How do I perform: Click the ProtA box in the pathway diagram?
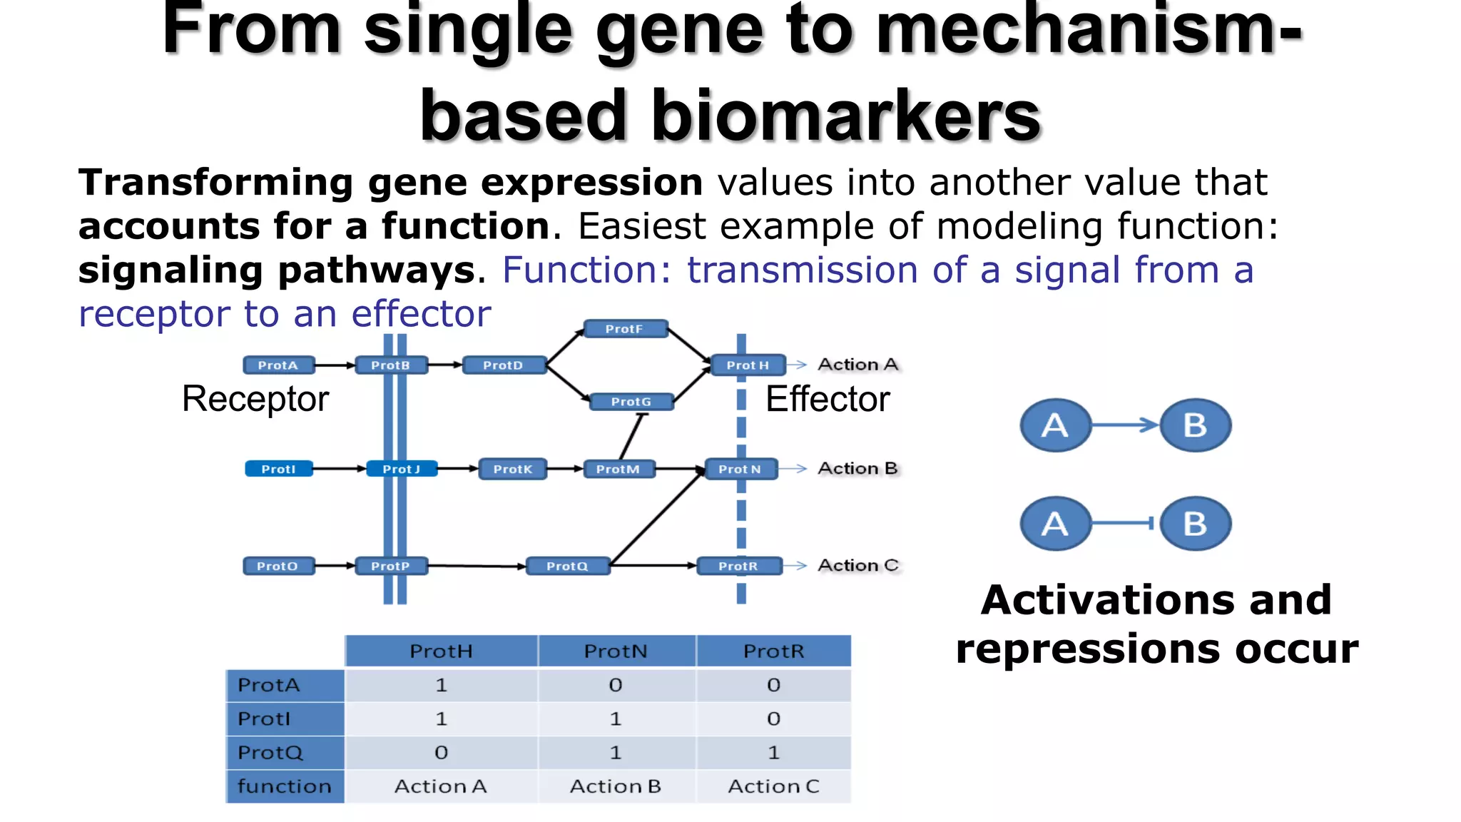[278, 365]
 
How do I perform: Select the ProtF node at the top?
[625, 329]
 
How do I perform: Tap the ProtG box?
[631, 402]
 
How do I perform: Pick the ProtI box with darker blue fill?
[278, 469]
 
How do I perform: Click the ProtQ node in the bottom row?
[568, 566]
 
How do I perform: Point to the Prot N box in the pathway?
[740, 469]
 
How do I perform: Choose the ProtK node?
[513, 469]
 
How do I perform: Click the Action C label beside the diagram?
[857, 565]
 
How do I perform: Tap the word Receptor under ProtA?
[255, 399]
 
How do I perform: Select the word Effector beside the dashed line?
[828, 399]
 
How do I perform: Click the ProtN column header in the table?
[616, 651]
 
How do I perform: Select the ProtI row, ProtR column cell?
[773, 719]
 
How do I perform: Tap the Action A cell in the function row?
[441, 786]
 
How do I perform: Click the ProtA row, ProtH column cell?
[441, 685]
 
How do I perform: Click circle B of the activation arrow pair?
[1196, 425]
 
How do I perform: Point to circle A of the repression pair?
[1055, 524]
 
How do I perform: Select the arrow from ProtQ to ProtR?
[653, 565]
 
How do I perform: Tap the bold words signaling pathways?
[277, 270]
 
